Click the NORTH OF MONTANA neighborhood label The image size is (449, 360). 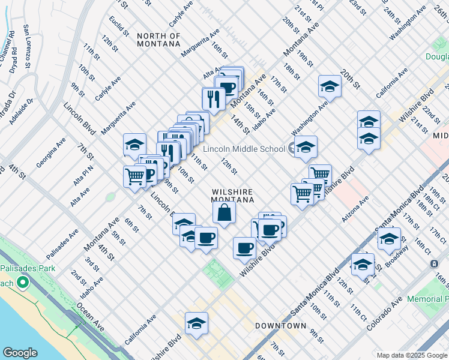[x=158, y=40]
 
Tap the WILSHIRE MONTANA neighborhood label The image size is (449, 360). [x=233, y=196]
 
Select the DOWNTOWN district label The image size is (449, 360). [x=281, y=326]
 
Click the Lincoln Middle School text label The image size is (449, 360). [x=244, y=149]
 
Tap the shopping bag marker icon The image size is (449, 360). [x=224, y=212]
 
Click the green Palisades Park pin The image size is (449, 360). [x=23, y=282]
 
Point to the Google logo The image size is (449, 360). [x=20, y=353]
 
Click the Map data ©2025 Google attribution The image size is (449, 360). [x=411, y=355]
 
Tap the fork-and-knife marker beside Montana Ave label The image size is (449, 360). [x=213, y=97]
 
